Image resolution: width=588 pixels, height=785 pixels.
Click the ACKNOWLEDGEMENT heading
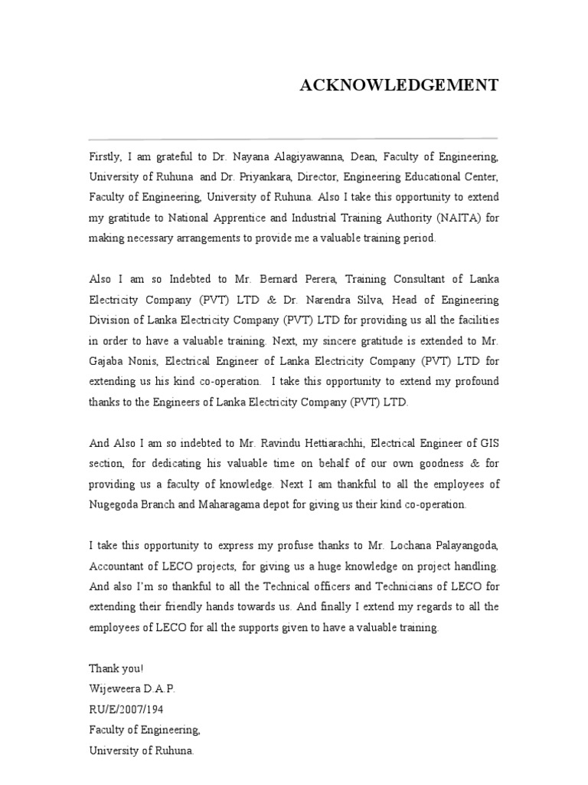398,85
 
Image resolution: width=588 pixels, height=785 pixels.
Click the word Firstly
103,156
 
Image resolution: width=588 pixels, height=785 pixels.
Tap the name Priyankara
251,177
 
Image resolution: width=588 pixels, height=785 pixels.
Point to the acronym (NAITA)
456,218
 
